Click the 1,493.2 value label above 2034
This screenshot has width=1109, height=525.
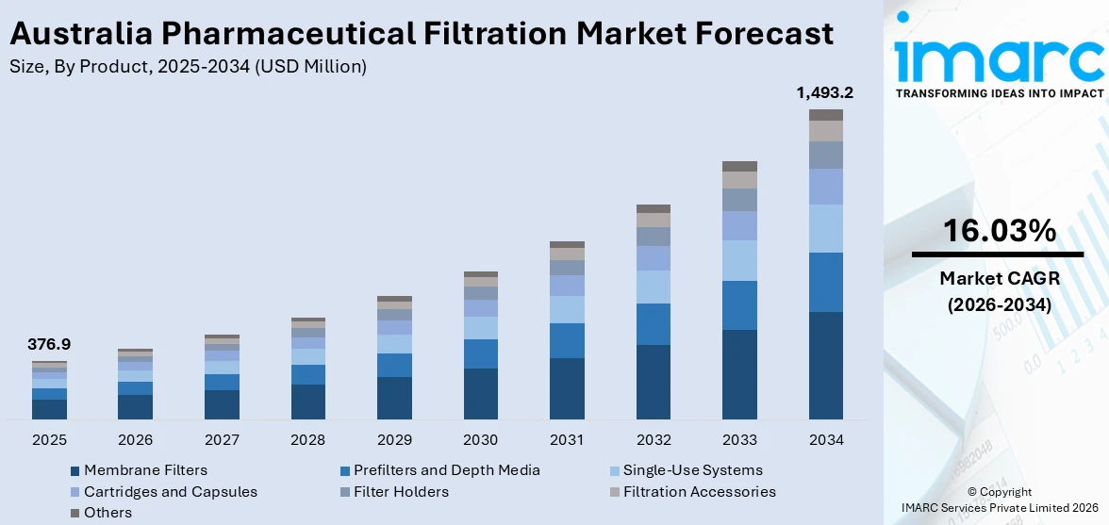(825, 92)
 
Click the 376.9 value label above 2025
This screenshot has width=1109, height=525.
(49, 345)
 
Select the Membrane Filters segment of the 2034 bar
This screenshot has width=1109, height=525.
(825, 365)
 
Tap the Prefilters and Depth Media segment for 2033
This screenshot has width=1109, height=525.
(739, 304)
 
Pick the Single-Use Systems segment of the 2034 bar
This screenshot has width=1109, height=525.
(825, 228)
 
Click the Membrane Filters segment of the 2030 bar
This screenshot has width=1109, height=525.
(480, 393)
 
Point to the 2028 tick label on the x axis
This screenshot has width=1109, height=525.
(308, 440)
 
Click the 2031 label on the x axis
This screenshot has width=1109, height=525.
(567, 440)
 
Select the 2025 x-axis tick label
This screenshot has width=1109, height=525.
(49, 440)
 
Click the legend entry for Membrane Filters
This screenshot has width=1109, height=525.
(144, 470)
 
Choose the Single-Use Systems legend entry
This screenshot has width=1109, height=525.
(691, 470)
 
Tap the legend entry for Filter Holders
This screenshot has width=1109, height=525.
(401, 492)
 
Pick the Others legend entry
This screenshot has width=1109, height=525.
(108, 513)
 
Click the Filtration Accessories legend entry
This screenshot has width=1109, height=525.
(699, 492)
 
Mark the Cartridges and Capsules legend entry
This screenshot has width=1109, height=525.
(170, 492)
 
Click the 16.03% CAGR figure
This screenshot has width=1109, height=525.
(997, 230)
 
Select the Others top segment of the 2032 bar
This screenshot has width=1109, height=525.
(653, 208)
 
